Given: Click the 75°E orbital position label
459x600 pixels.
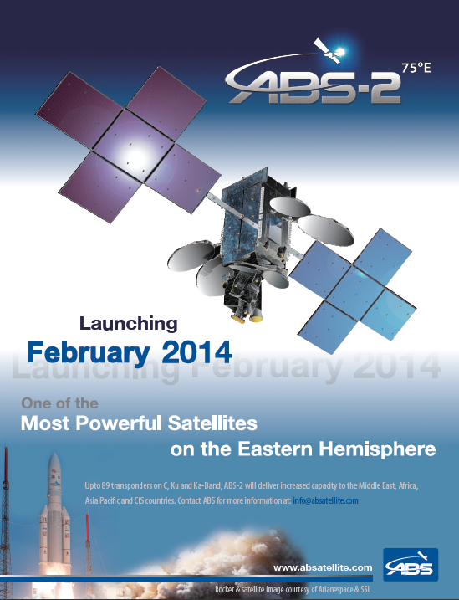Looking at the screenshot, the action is tap(416, 68).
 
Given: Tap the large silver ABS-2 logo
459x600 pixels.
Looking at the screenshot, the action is tap(314, 86).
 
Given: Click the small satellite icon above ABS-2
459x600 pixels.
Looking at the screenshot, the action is tap(329, 51).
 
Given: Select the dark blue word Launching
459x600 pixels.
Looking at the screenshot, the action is tap(129, 324).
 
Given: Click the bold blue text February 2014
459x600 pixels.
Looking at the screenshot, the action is tap(130, 352).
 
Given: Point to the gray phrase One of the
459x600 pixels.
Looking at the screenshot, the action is tap(59, 403).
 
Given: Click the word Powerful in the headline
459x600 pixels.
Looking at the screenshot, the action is tap(120, 423).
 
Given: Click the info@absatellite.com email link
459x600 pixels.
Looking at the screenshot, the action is tap(325, 500).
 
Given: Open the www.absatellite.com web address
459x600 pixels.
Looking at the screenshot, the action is tap(323, 567).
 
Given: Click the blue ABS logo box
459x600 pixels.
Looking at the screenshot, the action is tap(411, 565).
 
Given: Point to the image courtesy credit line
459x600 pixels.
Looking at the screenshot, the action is tap(293, 589).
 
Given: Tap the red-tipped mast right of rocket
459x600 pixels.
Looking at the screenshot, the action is tap(88, 527).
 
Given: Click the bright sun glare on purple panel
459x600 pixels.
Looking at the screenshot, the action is tap(134, 156).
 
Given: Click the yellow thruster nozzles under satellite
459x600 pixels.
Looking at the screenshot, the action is tap(247, 317).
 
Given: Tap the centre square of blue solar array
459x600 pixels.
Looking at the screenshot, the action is tap(355, 291).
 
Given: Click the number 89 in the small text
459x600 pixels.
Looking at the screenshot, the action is tap(106, 486).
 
